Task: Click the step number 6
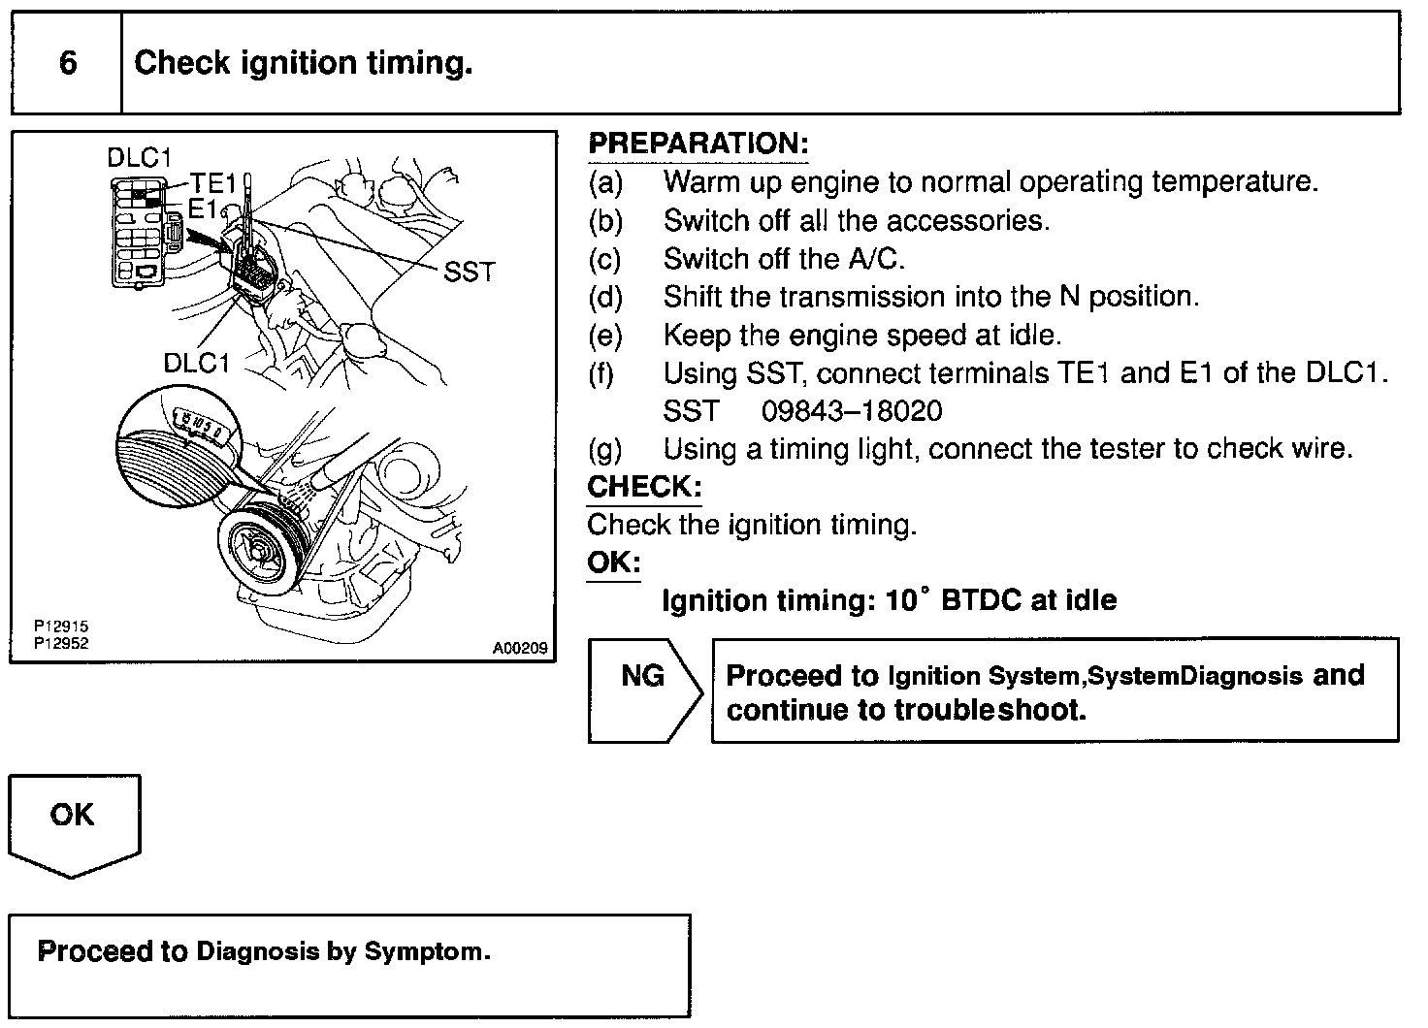[x=68, y=63]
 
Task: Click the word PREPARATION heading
[x=698, y=144]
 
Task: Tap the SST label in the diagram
[x=470, y=273]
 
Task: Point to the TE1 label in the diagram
[x=213, y=184]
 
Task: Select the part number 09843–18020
[x=851, y=411]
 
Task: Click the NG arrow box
[x=643, y=690]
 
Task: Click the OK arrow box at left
[x=74, y=824]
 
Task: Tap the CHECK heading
[x=644, y=486]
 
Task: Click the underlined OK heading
[x=613, y=562]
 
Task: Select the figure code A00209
[x=520, y=649]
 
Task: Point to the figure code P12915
[x=61, y=627]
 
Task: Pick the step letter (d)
[x=605, y=297]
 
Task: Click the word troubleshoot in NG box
[x=987, y=711]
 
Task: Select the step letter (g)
[x=605, y=449]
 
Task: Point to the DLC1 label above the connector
[x=140, y=157]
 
